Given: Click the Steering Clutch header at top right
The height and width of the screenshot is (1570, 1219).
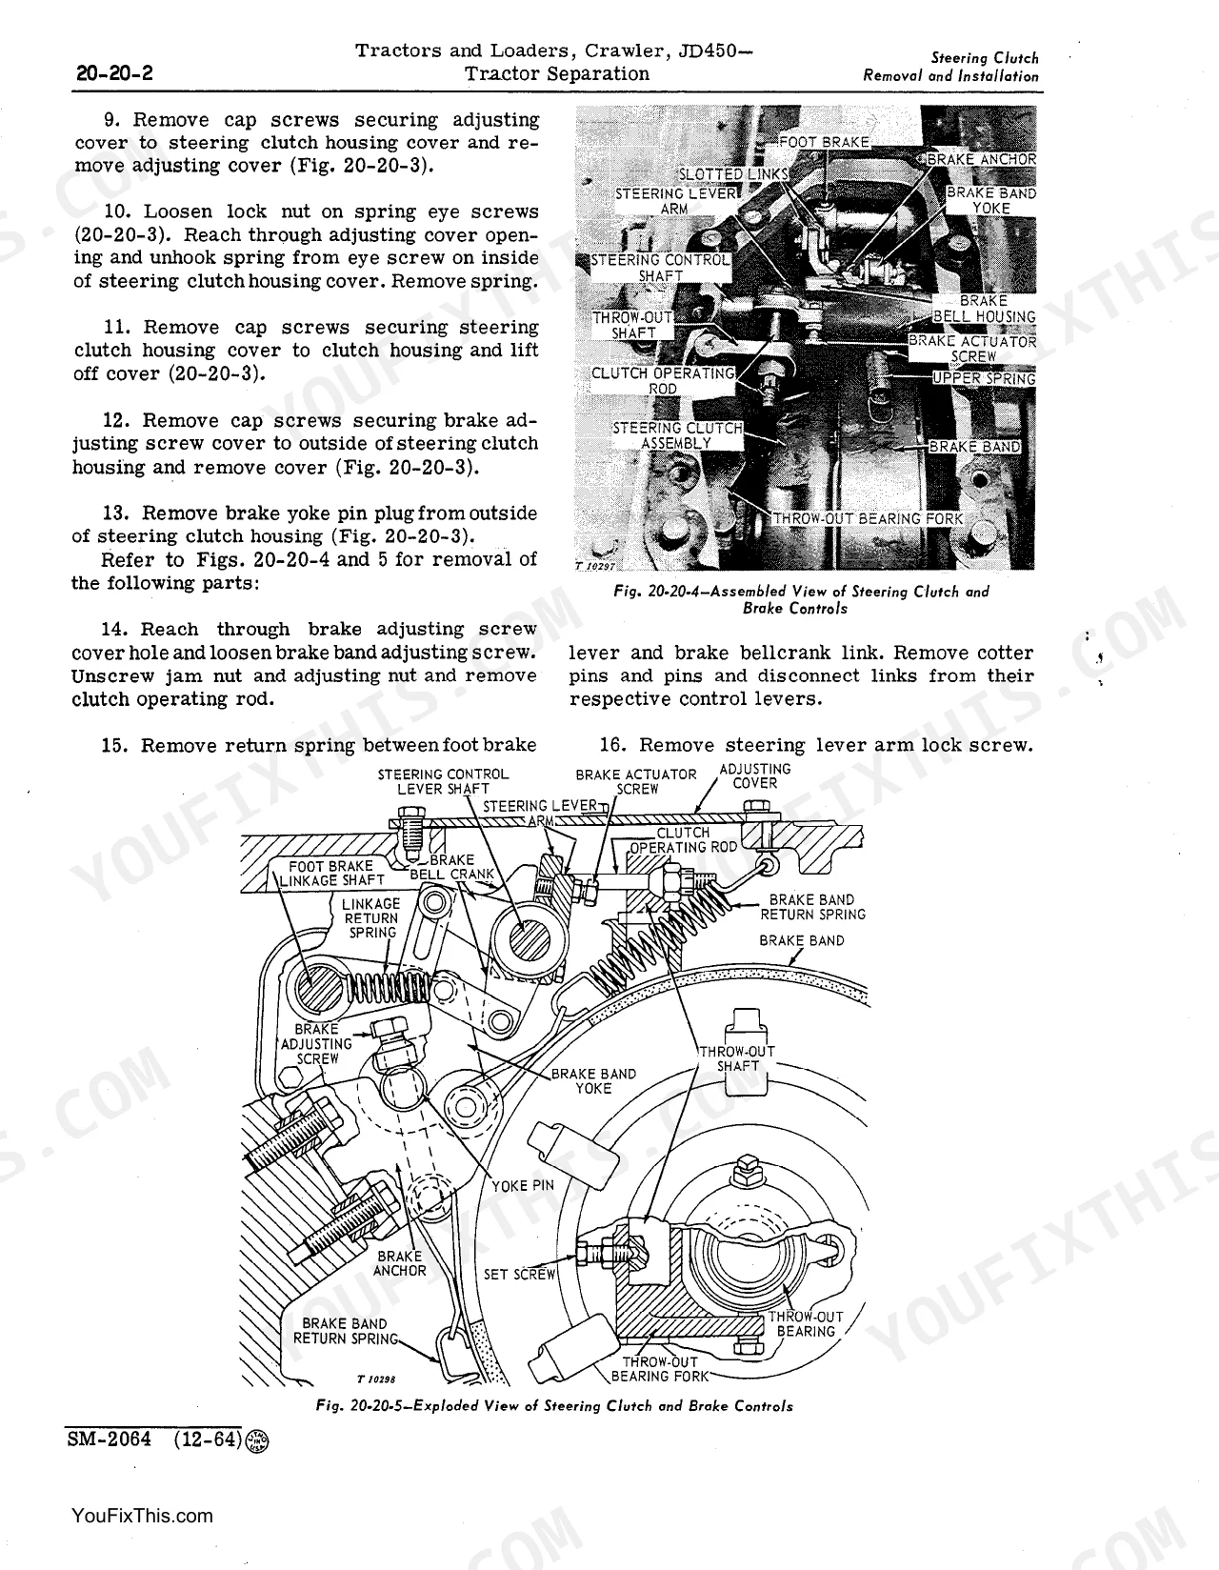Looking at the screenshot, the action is tap(985, 58).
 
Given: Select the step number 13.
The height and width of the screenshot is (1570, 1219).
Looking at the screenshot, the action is tap(115, 513).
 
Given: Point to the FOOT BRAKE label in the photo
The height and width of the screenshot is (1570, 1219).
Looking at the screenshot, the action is tap(823, 142).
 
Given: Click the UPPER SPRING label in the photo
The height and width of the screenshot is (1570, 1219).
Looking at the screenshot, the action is tap(984, 378).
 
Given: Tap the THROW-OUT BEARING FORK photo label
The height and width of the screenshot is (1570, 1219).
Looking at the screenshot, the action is tap(868, 519).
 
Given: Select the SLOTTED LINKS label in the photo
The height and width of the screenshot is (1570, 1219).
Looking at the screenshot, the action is tap(733, 174).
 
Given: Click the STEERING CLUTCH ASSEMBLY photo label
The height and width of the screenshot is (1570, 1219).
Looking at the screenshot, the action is tap(677, 435).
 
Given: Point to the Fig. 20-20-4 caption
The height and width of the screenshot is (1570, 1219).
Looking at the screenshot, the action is tap(801, 599).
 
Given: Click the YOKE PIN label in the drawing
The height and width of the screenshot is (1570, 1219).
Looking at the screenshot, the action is tap(523, 1186).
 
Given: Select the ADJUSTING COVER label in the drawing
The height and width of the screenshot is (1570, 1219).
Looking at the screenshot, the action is tap(754, 776).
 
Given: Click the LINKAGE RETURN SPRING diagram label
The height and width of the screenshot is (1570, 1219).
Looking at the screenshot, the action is tap(371, 917).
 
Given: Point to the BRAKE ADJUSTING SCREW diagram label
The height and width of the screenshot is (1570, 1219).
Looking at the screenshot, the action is tap(316, 1043).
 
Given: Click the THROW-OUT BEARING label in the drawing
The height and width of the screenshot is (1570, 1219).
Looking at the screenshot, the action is tap(805, 1323).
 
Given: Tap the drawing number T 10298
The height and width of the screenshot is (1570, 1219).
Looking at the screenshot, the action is tap(376, 1379).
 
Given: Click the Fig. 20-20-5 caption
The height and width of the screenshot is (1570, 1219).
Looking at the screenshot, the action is tap(554, 1406).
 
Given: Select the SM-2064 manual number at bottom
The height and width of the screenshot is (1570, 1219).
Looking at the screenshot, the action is tap(110, 1439).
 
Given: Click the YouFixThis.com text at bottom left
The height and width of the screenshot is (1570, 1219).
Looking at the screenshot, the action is tap(142, 1515).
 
